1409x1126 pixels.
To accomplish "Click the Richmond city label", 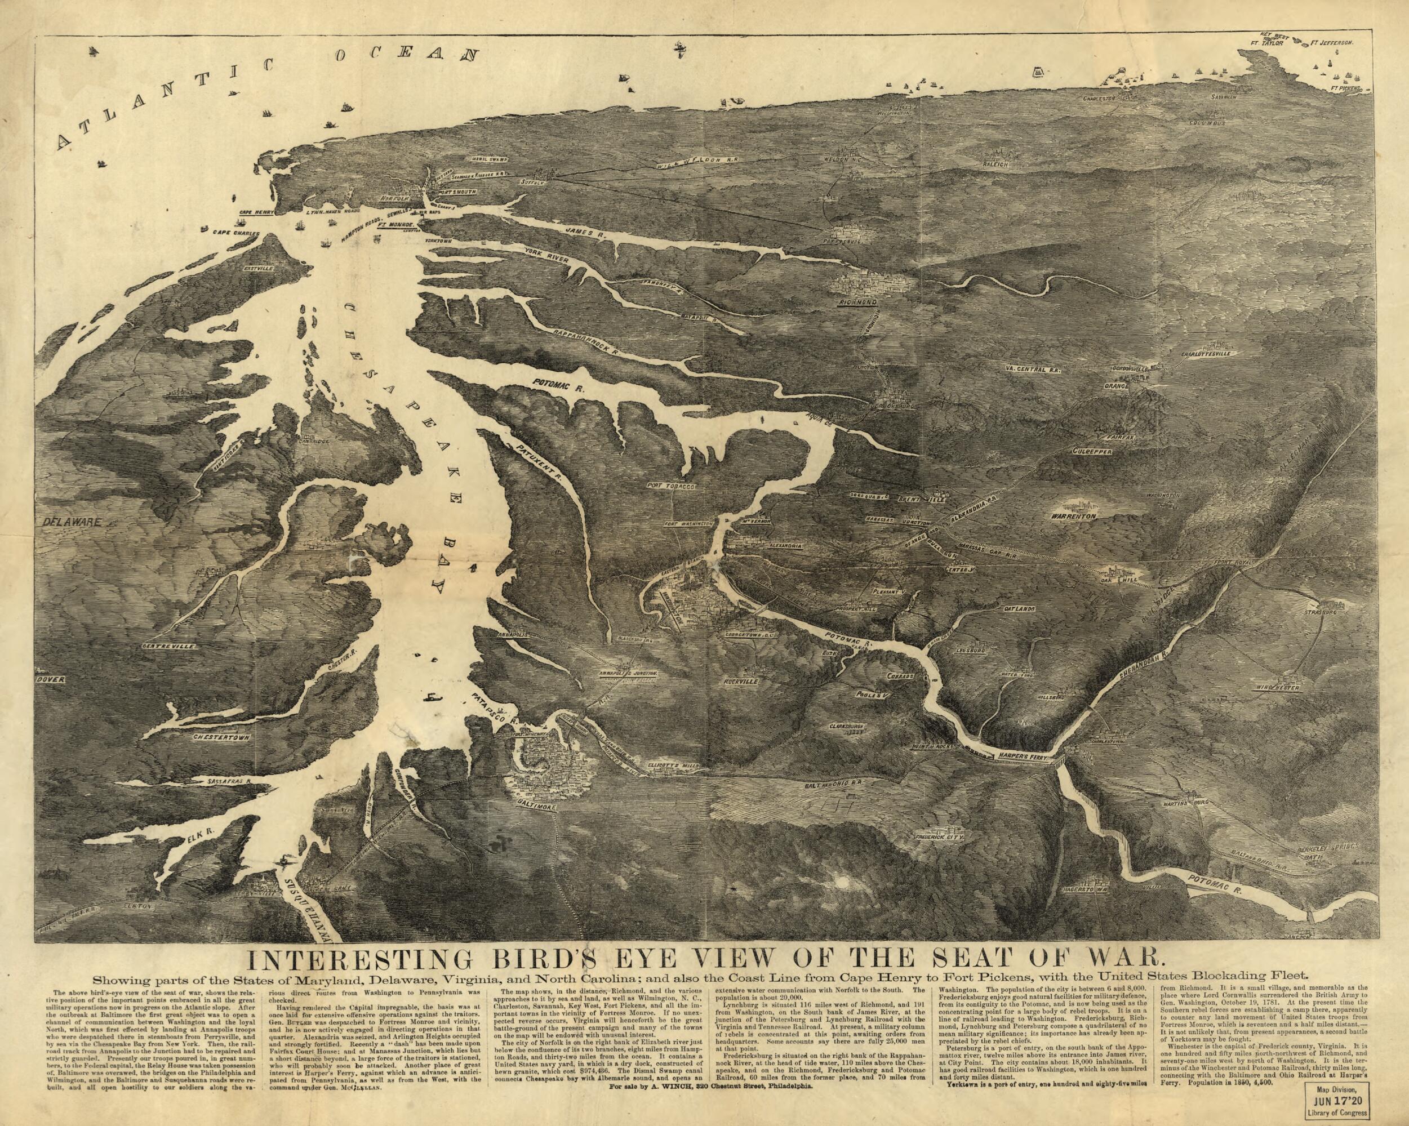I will tap(858, 304).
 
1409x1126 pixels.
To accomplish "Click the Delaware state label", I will tap(72, 522).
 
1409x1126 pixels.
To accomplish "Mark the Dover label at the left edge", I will tap(52, 680).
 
